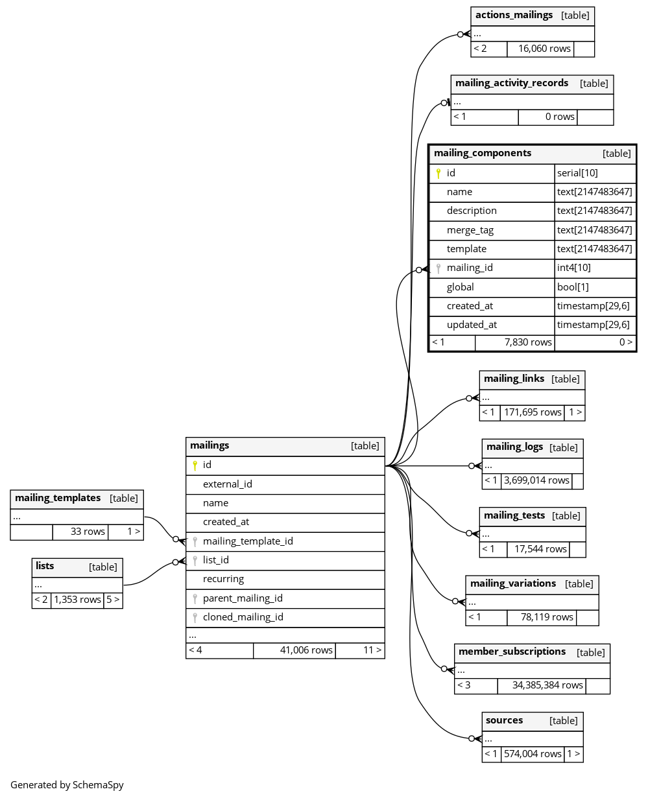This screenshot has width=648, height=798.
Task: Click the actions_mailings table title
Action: (514, 15)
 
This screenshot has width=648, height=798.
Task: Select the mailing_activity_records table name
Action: (511, 83)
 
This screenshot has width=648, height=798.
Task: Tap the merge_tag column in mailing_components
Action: (470, 230)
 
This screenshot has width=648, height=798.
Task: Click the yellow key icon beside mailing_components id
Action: (438, 173)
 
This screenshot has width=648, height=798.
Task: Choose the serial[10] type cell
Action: (577, 173)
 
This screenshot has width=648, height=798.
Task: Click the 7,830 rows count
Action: (528, 342)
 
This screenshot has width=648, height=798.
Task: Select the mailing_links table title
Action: (514, 379)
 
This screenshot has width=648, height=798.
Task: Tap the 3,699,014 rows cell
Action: (536, 481)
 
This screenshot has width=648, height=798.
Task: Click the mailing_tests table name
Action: (514, 515)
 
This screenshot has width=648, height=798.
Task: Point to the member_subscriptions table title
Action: (512, 651)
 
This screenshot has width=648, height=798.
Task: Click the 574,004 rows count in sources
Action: (533, 754)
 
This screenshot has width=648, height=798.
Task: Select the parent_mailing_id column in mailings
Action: (243, 598)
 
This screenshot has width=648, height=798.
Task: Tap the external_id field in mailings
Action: (227, 484)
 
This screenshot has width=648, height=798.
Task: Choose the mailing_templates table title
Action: (58, 498)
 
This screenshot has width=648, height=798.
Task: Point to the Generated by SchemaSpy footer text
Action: (67, 784)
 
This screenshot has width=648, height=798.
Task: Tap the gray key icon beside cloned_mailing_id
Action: (195, 618)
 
